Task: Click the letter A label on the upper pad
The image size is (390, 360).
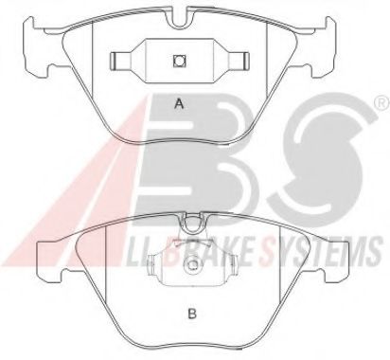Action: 179,103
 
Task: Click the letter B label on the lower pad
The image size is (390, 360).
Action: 192,314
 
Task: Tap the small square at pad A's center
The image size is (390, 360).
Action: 179,61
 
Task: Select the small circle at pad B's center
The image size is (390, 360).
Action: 192,264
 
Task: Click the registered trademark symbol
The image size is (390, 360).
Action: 382,103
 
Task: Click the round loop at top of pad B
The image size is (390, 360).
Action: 192,223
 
